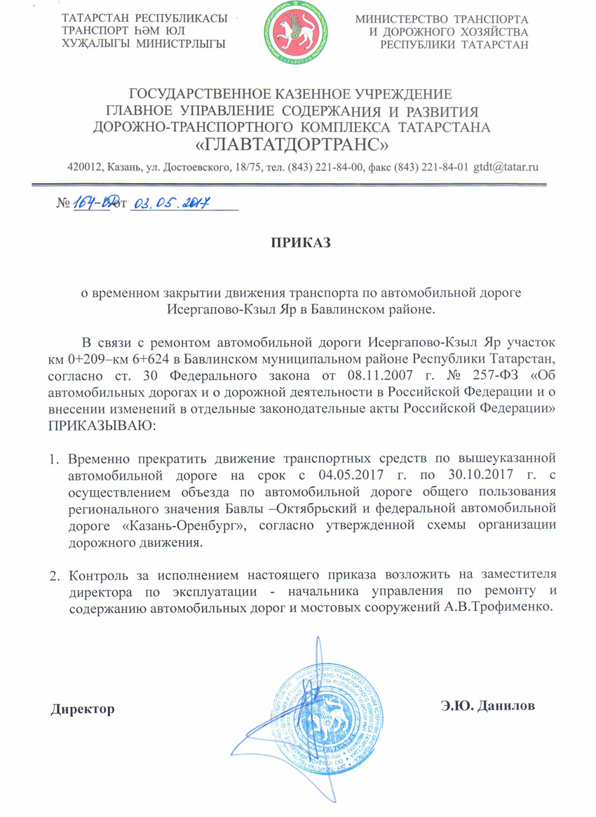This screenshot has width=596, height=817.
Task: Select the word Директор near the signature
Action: (83, 709)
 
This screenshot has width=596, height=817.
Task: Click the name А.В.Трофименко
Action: (501, 608)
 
